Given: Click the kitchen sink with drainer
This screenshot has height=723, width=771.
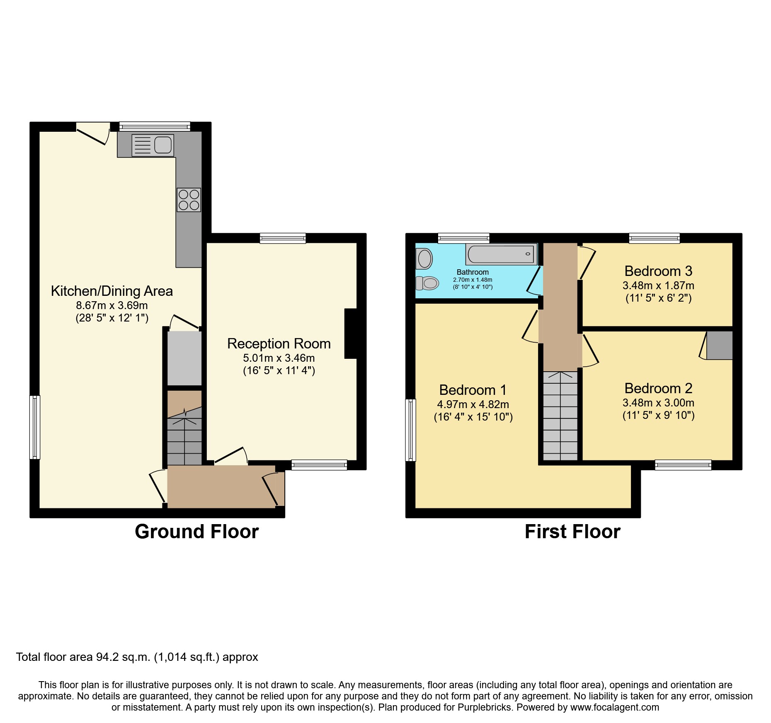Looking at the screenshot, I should click(x=153, y=145).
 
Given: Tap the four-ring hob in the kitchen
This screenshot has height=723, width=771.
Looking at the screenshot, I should click(x=189, y=200).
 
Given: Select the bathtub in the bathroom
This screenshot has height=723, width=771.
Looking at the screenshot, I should click(x=501, y=254).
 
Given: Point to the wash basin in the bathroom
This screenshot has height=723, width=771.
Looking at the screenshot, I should click(x=424, y=259).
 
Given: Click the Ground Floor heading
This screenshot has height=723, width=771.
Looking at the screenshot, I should click(x=196, y=532).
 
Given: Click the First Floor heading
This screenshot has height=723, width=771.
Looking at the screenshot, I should click(x=572, y=532).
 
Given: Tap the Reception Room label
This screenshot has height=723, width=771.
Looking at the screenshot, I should click(x=279, y=343).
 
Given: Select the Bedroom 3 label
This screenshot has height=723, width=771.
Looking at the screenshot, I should click(x=658, y=271).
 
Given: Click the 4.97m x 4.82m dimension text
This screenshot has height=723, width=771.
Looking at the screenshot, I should click(x=473, y=404).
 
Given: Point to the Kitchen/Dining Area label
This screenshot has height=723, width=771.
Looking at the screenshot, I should click(x=112, y=291).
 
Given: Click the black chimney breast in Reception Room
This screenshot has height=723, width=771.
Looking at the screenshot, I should click(x=351, y=334).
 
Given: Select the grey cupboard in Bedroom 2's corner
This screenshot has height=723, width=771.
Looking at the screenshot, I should click(x=719, y=345).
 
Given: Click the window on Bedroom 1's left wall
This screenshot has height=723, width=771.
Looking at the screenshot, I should click(x=410, y=430).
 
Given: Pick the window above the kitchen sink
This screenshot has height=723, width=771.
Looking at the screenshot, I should click(x=154, y=126).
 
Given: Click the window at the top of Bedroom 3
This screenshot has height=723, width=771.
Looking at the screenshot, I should click(x=654, y=238).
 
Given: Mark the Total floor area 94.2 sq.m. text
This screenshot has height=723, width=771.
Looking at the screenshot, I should click(x=137, y=657).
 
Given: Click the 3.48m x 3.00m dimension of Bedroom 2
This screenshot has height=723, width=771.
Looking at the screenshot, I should click(x=658, y=403).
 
